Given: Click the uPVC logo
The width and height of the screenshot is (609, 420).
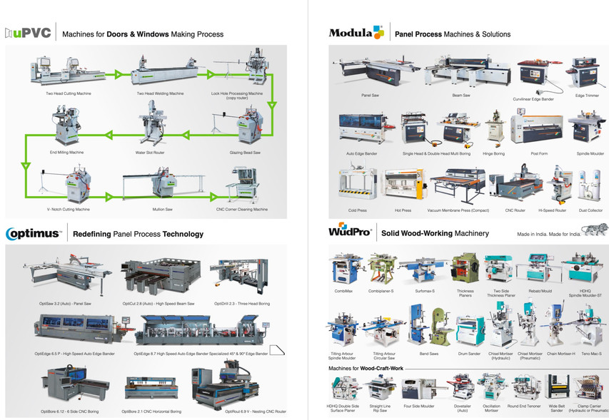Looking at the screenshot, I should (x=28, y=33).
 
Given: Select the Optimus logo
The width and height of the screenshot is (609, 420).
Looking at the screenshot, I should (x=33, y=233).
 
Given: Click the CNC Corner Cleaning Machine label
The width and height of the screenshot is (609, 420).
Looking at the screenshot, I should (x=241, y=210).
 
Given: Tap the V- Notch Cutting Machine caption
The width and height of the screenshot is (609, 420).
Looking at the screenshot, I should (x=68, y=210).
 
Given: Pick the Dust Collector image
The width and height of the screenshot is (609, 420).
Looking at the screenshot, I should (x=590, y=185).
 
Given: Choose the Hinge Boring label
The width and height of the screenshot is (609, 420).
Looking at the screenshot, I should (x=493, y=153).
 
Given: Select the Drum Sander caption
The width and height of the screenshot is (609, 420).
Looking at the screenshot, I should (x=469, y=353).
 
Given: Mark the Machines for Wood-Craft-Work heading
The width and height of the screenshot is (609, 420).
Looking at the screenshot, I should (x=366, y=368).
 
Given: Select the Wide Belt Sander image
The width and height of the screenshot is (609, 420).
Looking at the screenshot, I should (x=557, y=386).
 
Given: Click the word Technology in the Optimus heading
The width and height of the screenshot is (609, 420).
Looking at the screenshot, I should (x=183, y=234).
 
